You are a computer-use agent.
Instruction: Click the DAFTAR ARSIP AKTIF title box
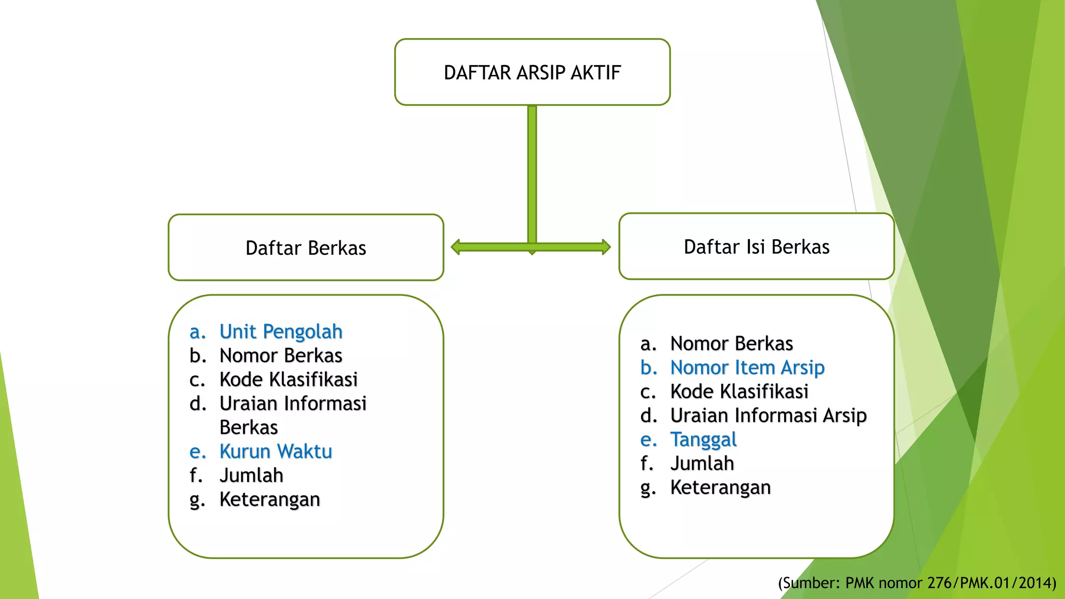[532, 72]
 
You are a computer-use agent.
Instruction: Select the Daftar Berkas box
[306, 248]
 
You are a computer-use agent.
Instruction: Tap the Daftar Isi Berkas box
[756, 246]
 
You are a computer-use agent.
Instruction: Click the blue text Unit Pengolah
[281, 332]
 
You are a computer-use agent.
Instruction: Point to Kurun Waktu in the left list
[276, 451]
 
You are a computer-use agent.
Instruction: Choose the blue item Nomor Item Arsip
[747, 368]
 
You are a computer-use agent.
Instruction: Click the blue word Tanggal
[703, 439]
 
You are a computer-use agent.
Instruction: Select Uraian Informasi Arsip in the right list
[768, 415]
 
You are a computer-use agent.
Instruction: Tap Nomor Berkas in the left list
[281, 356]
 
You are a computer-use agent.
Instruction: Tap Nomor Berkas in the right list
[731, 344]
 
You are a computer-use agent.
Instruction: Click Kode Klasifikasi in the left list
[289, 380]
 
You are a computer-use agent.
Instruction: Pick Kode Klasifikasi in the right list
[739, 392]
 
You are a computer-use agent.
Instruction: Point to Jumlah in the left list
[251, 475]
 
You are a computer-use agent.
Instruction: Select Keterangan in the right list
[720, 487]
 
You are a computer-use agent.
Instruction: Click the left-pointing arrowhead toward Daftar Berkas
[456, 247]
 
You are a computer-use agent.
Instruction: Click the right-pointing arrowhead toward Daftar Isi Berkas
[606, 247]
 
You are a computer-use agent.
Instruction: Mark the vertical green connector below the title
[532, 172]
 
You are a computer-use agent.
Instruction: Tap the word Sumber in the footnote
[809, 583]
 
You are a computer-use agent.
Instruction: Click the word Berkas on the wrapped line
[249, 427]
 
